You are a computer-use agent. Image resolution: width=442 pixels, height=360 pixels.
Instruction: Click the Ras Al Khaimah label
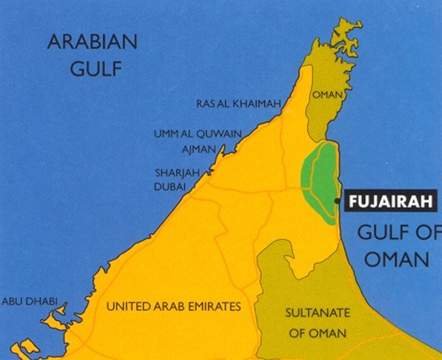pos(239,103)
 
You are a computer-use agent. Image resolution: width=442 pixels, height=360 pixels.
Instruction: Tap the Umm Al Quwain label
pos(198,134)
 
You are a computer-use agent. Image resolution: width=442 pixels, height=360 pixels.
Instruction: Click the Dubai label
pos(170,187)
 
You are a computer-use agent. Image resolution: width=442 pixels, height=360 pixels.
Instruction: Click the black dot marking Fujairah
pos(337,201)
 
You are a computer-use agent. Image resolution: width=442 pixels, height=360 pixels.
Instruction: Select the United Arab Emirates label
pos(173,306)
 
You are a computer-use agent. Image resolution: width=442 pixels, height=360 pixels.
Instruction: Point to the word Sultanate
pos(318,313)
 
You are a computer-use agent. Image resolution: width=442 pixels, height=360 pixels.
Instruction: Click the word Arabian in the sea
pos(92,43)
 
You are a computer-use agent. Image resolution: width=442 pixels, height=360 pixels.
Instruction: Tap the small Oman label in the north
pos(328,95)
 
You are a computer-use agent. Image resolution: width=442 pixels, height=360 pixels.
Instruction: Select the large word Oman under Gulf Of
pos(397,259)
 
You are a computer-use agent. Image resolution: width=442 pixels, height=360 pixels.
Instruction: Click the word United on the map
pos(125,306)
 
